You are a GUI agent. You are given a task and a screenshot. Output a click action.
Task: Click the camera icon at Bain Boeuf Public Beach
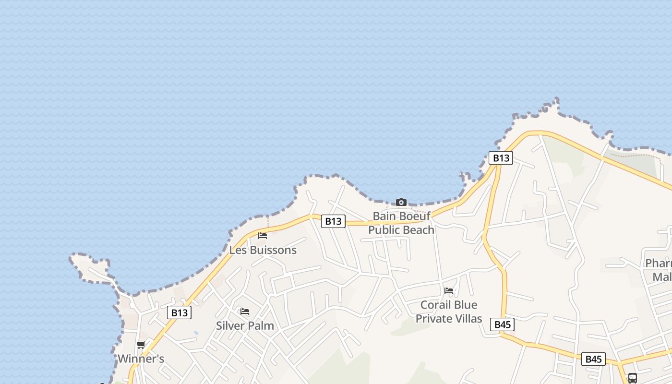[401, 202]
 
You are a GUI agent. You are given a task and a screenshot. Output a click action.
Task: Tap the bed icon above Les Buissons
[263, 235]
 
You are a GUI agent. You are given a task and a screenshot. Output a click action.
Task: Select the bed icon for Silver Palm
[245, 312]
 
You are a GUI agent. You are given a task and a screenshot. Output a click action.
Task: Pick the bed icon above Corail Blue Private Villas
[449, 290]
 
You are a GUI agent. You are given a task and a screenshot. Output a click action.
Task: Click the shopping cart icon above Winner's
[141, 345]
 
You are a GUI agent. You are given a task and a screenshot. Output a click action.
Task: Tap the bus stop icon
[633, 378]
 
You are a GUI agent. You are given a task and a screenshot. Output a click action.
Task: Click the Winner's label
[141, 359]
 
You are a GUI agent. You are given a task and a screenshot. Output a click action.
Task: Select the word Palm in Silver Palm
[262, 325]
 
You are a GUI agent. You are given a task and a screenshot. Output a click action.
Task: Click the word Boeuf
[415, 216]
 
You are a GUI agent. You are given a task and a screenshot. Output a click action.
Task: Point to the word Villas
[468, 318]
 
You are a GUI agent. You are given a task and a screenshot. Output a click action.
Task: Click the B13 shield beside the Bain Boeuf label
[333, 221]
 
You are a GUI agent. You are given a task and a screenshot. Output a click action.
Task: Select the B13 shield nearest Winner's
[180, 313]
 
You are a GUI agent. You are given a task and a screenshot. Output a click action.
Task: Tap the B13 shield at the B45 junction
[501, 158]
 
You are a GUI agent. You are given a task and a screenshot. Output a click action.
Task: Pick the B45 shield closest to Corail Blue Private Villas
[503, 324]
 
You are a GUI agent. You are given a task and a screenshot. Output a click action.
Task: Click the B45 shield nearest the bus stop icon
[593, 359]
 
